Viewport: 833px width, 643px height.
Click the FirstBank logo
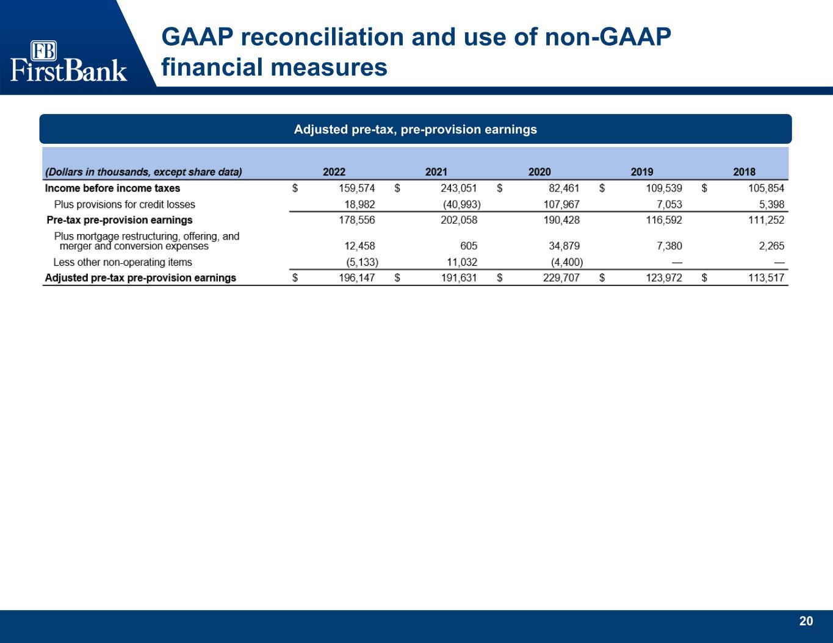pyautogui.click(x=68, y=61)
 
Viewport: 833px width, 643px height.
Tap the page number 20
pyautogui.click(x=806, y=621)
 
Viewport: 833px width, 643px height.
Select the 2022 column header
pyautogui.click(x=334, y=172)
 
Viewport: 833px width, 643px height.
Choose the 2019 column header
pyautogui.click(x=642, y=172)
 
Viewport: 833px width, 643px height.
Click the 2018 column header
pyautogui.click(x=744, y=172)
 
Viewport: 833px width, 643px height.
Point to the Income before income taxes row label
pyautogui.click(x=112, y=188)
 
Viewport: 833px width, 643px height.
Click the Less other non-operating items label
pyautogui.click(x=123, y=262)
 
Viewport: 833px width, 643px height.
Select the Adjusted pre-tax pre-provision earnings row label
pyautogui.click(x=140, y=278)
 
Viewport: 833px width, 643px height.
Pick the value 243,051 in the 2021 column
pyautogui.click(x=459, y=188)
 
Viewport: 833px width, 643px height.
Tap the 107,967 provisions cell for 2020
pyautogui.click(x=561, y=204)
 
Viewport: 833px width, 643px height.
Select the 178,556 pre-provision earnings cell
pyautogui.click(x=356, y=220)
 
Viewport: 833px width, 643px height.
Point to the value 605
pyautogui.click(x=469, y=246)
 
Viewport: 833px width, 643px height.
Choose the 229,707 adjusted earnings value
pyautogui.click(x=561, y=278)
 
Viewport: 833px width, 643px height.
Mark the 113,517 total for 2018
pyautogui.click(x=766, y=278)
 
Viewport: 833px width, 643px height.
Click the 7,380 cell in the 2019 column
pyautogui.click(x=669, y=246)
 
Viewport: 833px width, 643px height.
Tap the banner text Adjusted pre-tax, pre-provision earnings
pyautogui.click(x=415, y=129)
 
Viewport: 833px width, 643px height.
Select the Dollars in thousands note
pyautogui.click(x=143, y=172)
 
